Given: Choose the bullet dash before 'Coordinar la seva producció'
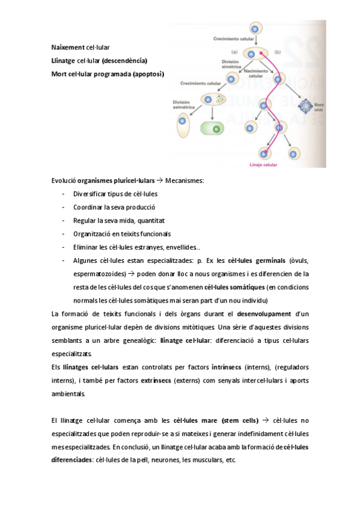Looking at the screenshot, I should click(64, 207).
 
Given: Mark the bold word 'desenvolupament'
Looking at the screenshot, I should click(264, 313).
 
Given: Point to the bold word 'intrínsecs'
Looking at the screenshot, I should click(226, 367).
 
